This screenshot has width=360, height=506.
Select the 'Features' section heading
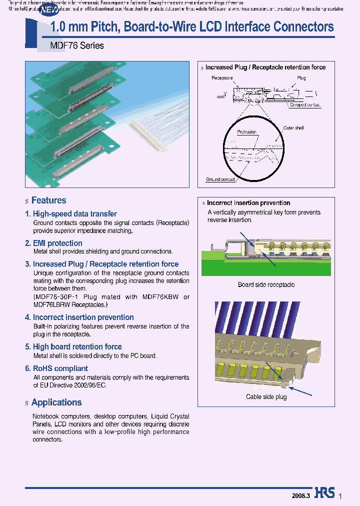(x=48, y=200)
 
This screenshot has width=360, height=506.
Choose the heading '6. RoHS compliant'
(x=56, y=368)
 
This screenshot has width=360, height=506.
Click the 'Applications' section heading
(x=56, y=402)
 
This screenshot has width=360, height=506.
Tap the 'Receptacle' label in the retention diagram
(x=222, y=78)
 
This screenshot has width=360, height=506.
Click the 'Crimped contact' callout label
(x=305, y=105)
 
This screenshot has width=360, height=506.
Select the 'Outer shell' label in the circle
(x=293, y=128)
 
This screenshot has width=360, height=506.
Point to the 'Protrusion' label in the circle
(x=246, y=132)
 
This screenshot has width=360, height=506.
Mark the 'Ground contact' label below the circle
(x=220, y=179)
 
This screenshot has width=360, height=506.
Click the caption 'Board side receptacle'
(x=266, y=285)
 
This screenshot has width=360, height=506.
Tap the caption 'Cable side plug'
(x=266, y=397)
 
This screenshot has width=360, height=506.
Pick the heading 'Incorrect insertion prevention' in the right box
(x=248, y=203)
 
